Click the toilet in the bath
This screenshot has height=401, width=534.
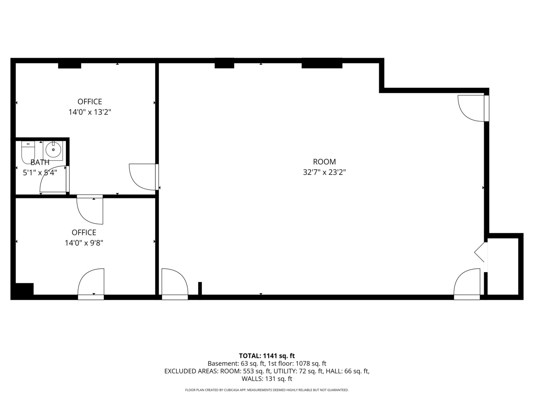(28, 152)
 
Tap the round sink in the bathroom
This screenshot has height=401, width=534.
(53, 150)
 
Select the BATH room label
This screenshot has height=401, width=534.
(40, 162)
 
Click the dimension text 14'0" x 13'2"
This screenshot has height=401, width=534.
(90, 112)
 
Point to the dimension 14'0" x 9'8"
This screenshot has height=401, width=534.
(84, 243)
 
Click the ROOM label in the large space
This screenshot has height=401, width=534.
(324, 162)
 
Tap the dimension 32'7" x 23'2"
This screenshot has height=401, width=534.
(324, 172)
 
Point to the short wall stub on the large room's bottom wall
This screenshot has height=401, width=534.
(200, 289)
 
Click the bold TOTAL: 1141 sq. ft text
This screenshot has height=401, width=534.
(267, 356)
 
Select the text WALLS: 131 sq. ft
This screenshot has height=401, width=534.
(267, 379)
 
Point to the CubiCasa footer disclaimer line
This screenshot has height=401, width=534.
(267, 390)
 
